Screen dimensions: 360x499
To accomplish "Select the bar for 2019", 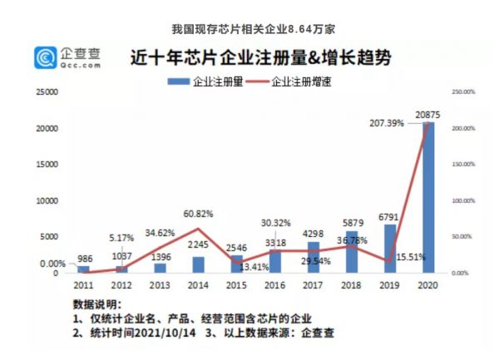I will tap(389, 249).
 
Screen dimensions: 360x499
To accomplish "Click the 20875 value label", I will tap(429, 114).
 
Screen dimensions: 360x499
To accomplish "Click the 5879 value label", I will tap(351, 223).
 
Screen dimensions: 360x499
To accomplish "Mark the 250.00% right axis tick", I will tap(462, 92).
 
